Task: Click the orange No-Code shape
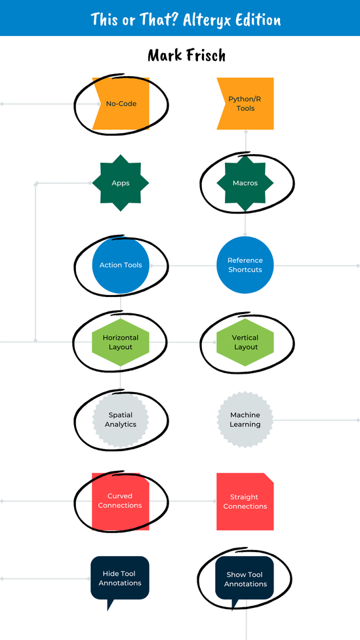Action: tap(121, 104)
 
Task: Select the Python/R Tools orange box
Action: tap(245, 104)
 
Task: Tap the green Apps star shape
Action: tap(121, 183)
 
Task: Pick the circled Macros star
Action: tap(245, 183)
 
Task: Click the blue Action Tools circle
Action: tap(121, 265)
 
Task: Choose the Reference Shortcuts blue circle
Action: tap(245, 265)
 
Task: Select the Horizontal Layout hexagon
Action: tap(121, 342)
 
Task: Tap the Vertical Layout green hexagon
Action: tap(245, 342)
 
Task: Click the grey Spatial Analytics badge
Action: tap(121, 420)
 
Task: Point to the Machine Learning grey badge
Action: tap(245, 420)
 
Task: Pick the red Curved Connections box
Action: tap(121, 501)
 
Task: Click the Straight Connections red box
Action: tap(245, 502)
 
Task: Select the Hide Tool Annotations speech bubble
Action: tap(120, 578)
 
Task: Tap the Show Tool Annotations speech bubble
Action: tap(245, 578)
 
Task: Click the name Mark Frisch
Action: tap(186, 56)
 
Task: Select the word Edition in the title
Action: tap(258, 20)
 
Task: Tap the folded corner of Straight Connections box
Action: tap(269, 477)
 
